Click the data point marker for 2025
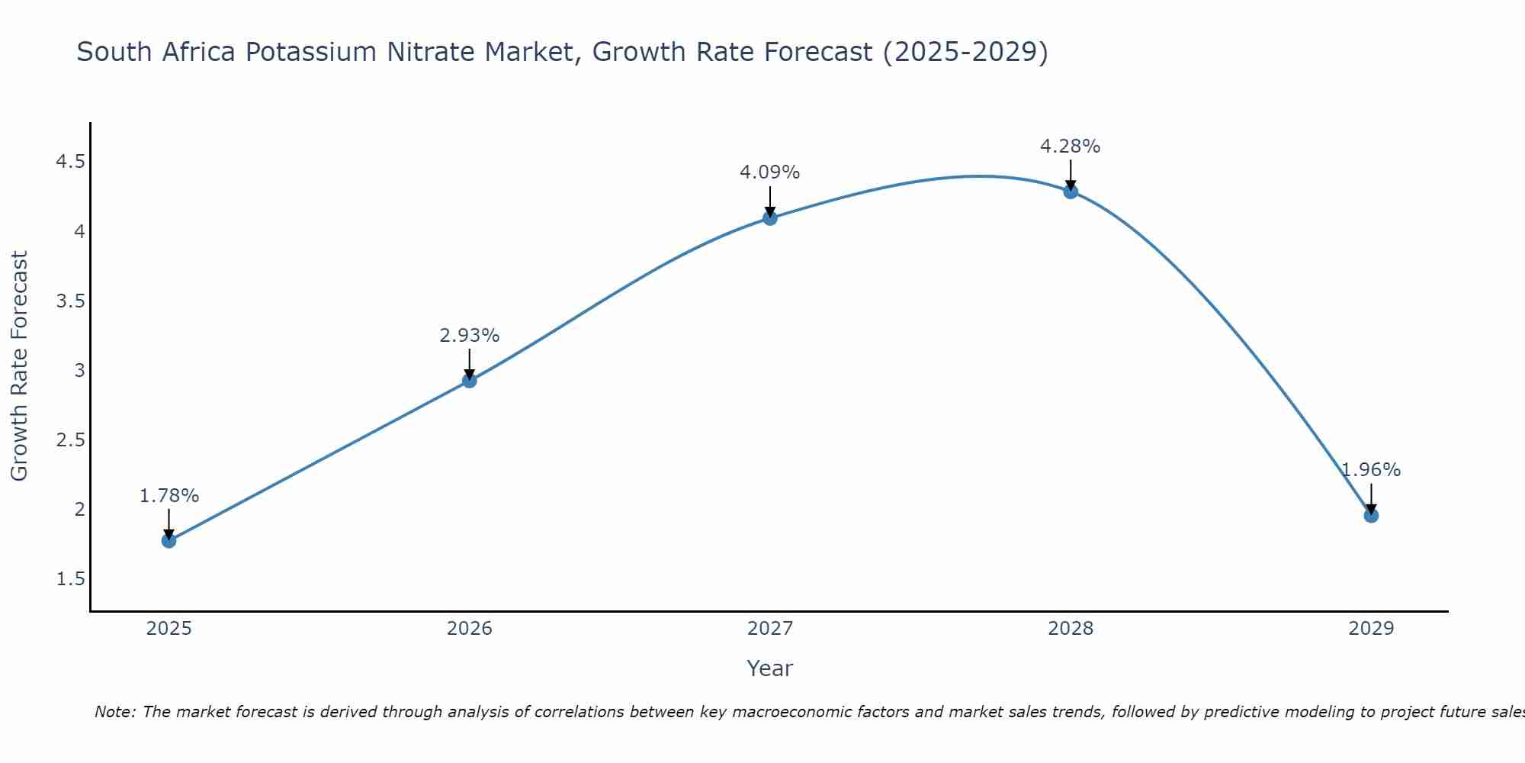point(169,541)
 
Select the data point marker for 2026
point(470,381)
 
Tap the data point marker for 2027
point(770,218)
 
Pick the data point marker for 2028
point(1071,192)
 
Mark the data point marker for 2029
point(1371,516)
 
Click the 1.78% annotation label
point(169,496)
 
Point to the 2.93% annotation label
point(470,336)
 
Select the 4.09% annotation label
point(770,172)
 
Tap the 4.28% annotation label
point(1071,146)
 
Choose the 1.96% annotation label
point(1371,470)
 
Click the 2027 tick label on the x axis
point(770,629)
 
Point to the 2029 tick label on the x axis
point(1371,629)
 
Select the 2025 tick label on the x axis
point(169,629)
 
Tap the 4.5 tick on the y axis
point(70,162)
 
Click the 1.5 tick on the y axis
point(70,579)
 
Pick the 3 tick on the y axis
point(79,371)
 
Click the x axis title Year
point(770,668)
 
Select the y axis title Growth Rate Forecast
point(19,365)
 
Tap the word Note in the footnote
point(114,712)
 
